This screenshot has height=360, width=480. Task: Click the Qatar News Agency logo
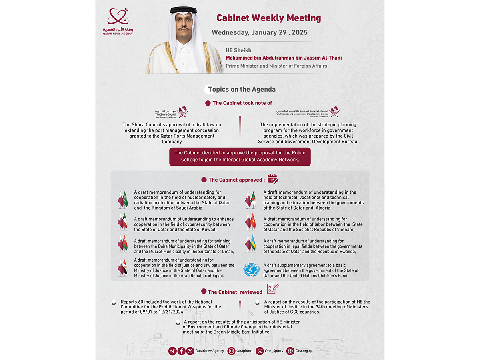point(118,22)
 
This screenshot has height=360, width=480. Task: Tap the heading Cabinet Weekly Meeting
point(268,18)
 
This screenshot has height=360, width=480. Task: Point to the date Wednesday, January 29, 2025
point(260,32)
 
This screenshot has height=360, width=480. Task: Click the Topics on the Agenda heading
point(242,90)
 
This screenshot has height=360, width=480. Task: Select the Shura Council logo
point(172,112)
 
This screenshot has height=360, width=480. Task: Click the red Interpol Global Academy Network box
point(240,156)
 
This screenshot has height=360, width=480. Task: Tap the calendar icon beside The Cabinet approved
point(273,179)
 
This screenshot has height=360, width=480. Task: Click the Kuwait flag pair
point(122,222)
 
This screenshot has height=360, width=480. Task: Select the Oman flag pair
point(122,244)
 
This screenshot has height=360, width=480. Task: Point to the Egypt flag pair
point(122,268)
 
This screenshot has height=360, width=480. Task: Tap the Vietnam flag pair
point(250,222)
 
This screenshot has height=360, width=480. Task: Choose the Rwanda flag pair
point(250,244)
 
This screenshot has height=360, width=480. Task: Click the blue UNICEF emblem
point(251,270)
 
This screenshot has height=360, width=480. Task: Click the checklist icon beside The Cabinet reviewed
point(272,289)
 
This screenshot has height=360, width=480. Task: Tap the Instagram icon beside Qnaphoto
point(231,351)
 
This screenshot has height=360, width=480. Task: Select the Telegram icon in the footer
point(172,351)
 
